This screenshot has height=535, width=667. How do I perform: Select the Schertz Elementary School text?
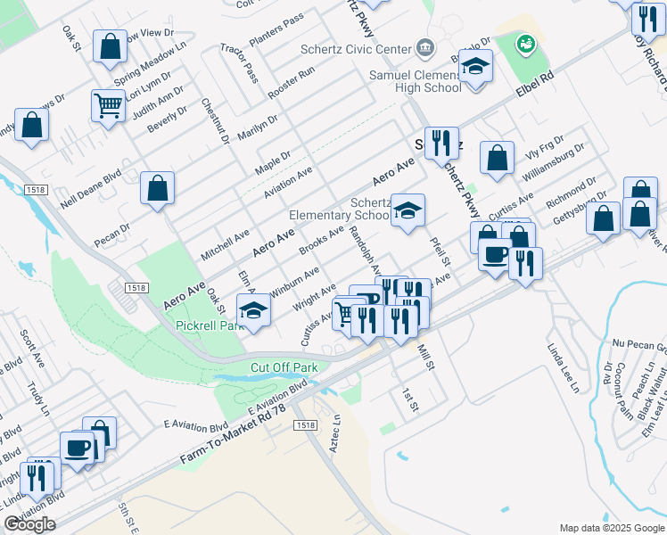click(339, 209)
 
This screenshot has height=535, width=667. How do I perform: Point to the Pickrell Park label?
click(210, 325)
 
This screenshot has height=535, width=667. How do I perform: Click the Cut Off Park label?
click(284, 367)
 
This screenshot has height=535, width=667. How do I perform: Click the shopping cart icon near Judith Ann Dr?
click(108, 105)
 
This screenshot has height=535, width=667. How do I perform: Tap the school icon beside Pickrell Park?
click(253, 310)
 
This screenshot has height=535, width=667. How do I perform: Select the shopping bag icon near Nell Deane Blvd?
click(157, 187)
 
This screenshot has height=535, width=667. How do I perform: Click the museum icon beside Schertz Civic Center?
click(424, 48)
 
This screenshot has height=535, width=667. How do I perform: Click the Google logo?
click(29, 524)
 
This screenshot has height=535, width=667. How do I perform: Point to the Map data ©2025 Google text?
click(611, 528)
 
